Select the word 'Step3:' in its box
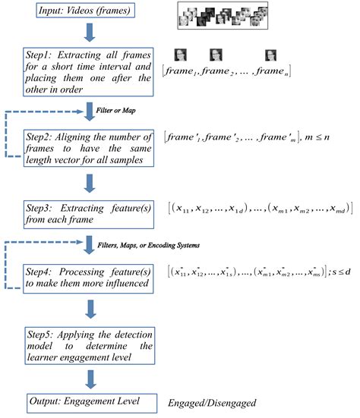pos(44,206)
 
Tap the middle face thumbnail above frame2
pos(214,55)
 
